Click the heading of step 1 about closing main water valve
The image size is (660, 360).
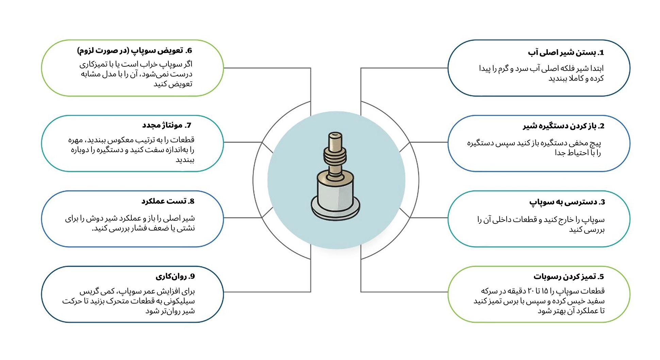click(565, 52)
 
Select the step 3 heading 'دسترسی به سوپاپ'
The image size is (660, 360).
click(567, 202)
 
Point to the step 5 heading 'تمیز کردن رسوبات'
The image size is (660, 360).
click(568, 277)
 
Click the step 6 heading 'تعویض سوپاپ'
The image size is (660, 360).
click(135, 51)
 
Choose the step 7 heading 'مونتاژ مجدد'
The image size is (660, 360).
click(167, 125)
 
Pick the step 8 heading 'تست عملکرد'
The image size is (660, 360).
click(168, 201)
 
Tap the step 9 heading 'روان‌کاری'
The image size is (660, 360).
click(175, 276)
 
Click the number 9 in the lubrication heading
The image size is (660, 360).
click(192, 276)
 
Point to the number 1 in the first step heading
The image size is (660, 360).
click(601, 52)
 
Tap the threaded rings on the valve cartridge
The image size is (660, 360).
click(335, 156)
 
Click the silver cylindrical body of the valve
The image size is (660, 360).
click(335, 196)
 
